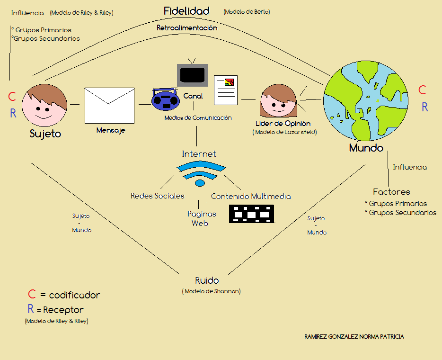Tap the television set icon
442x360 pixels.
(x=192, y=74)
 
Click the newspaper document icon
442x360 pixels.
(x=226, y=90)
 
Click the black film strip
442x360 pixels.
(x=251, y=214)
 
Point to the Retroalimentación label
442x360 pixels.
(x=187, y=28)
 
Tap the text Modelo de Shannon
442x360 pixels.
(x=211, y=291)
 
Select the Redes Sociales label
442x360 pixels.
(x=158, y=196)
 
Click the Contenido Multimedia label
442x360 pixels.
(x=251, y=196)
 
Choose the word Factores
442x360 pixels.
(x=391, y=192)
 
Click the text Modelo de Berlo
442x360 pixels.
(x=247, y=12)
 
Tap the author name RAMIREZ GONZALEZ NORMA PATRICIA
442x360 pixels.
(x=354, y=336)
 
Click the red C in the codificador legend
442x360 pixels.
(x=32, y=295)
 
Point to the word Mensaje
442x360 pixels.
(x=111, y=130)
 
